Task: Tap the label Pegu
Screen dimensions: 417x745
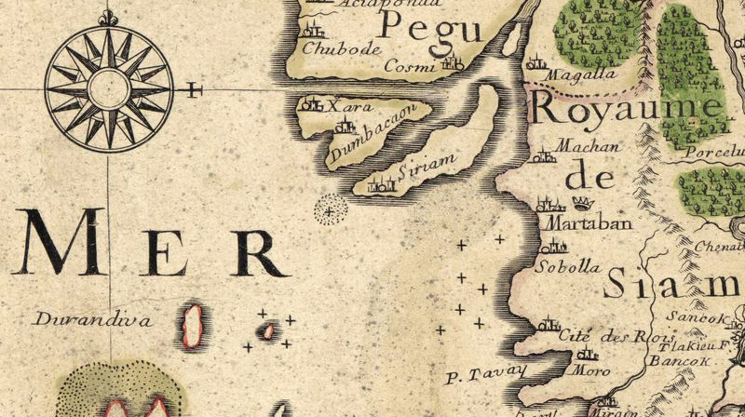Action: coord(430,32)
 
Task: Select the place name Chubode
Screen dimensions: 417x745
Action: coord(330,49)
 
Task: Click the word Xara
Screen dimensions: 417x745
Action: coord(345,108)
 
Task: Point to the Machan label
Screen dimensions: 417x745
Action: coord(579,146)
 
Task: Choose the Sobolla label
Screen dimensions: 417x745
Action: coord(569,266)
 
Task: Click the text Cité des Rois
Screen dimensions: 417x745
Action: coord(603,336)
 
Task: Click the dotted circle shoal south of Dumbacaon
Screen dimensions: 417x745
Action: coord(328,210)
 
